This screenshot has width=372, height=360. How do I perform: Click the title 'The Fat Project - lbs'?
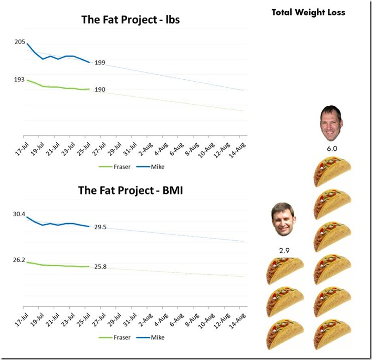coord(131,20)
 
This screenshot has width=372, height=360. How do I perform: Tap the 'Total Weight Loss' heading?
coord(308,12)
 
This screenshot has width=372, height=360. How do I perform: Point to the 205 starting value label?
coord(20,42)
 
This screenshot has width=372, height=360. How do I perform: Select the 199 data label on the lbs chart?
coord(100,63)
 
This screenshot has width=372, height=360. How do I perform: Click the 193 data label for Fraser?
coord(20,80)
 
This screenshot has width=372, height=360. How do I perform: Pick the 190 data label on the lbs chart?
coord(100,89)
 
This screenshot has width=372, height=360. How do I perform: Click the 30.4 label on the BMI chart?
coord(19,214)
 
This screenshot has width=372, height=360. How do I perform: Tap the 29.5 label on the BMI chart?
coord(100,227)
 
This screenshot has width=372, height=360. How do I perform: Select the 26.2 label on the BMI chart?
coord(19,260)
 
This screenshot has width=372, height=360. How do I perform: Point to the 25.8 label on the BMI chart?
coord(100,267)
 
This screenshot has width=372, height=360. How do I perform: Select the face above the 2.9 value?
coord(284,221)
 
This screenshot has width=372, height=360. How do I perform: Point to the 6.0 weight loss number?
coord(332,148)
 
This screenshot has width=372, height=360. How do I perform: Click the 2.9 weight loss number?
coord(284,249)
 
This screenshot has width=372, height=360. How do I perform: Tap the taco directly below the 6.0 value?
coord(332,171)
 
